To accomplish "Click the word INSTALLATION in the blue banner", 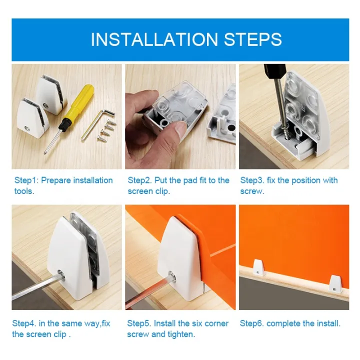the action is pos(154,39).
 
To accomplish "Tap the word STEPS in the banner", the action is pos(253,39).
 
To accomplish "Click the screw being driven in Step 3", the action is pos(286,132).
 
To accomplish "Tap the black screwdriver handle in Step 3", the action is pos(275,71).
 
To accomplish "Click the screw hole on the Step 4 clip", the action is pos(61,274).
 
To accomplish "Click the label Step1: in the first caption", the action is pos(26,180).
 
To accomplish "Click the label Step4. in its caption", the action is pos(24,323).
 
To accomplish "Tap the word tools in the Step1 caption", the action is pos(23,191).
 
